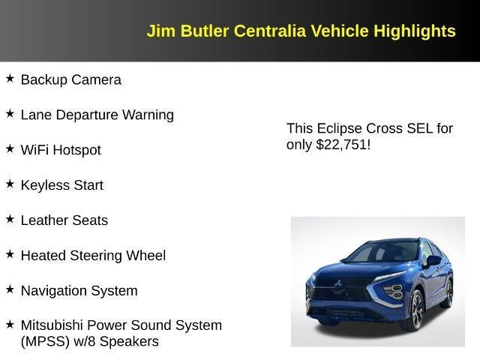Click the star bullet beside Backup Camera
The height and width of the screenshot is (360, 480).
[x=10, y=78]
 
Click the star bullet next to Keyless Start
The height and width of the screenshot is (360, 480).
[x=10, y=184]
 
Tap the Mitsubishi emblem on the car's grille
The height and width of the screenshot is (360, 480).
[x=337, y=283]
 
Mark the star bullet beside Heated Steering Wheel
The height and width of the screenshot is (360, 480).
[x=10, y=254]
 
